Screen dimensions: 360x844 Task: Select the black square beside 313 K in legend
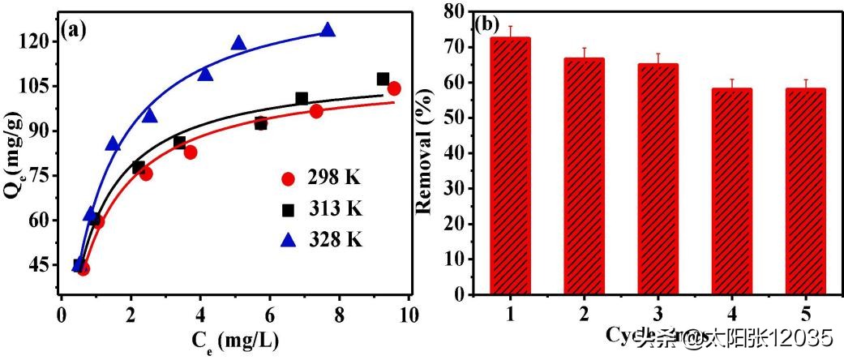pyautogui.click(x=288, y=210)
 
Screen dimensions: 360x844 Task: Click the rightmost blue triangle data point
pyautogui.click(x=328, y=30)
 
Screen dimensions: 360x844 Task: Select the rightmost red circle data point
pyautogui.click(x=394, y=88)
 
